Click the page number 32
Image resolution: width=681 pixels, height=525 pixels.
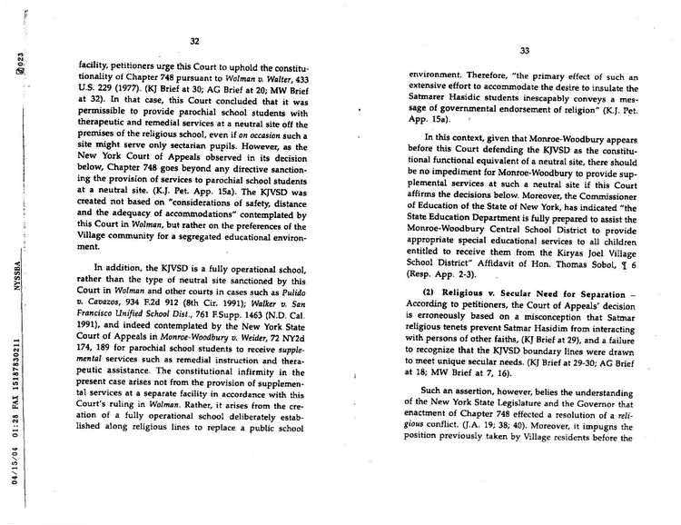pyautogui.click(x=194, y=40)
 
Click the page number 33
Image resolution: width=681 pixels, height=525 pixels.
pyautogui.click(x=524, y=52)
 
